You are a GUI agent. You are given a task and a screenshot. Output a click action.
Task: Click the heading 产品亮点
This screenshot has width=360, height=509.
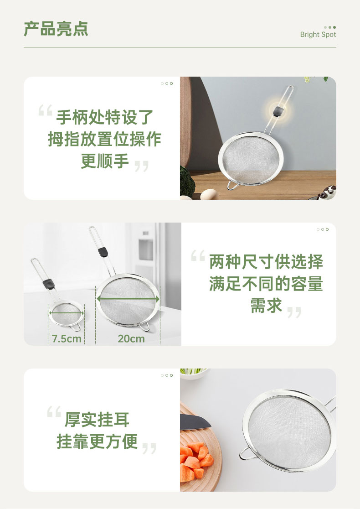coord(56,29)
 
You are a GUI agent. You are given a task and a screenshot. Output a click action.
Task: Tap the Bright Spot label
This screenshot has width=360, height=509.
coord(318,34)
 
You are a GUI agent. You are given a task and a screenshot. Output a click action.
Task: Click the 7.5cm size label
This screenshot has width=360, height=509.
coord(67,338)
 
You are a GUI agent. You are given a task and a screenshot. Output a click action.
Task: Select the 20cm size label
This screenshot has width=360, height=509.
coord(131,338)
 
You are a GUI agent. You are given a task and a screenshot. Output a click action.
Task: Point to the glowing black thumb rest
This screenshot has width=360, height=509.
coord(278,111)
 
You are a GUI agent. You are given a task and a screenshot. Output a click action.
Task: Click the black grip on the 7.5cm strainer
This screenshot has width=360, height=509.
coord(49,284)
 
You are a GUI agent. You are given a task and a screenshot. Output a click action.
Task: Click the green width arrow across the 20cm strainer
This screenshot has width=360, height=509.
coord(128,299)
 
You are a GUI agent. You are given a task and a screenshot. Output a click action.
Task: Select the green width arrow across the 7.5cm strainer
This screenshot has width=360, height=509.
coord(66,313)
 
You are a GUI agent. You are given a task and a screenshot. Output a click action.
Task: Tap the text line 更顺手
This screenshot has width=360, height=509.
coord(105,161)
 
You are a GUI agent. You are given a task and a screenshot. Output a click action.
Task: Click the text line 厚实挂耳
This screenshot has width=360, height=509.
coord(97,420)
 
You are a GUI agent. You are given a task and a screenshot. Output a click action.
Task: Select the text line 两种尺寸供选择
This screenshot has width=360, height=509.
coord(266,262)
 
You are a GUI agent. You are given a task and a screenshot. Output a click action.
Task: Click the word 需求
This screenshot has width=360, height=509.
coord(266,306)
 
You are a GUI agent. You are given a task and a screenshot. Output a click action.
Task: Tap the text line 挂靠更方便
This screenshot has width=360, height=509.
coord(97,441)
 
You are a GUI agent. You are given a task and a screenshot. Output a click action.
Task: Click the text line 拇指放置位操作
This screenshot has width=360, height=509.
coord(104,139)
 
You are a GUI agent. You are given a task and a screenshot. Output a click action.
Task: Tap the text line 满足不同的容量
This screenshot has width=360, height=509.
coord(266,284)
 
